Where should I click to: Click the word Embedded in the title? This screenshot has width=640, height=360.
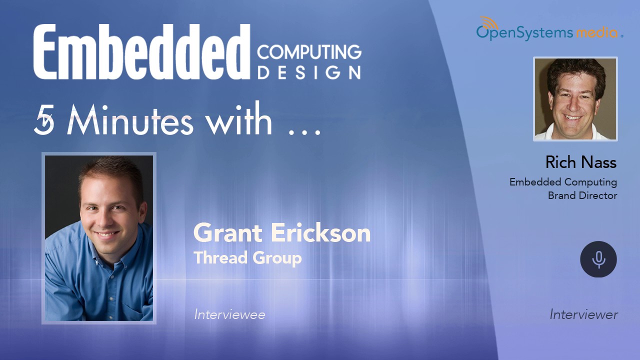(141, 52)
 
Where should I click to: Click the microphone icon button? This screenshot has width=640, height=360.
(598, 259)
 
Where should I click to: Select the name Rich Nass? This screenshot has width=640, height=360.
(580, 162)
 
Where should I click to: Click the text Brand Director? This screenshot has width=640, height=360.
(582, 195)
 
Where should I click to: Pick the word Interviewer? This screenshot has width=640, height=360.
(583, 314)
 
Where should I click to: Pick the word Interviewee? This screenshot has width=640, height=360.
(229, 314)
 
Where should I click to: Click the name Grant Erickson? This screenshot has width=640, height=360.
(282, 233)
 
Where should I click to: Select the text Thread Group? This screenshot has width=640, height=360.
(247, 258)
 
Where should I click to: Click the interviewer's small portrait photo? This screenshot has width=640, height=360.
(575, 99)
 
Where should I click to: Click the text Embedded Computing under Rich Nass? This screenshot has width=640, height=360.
(563, 182)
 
